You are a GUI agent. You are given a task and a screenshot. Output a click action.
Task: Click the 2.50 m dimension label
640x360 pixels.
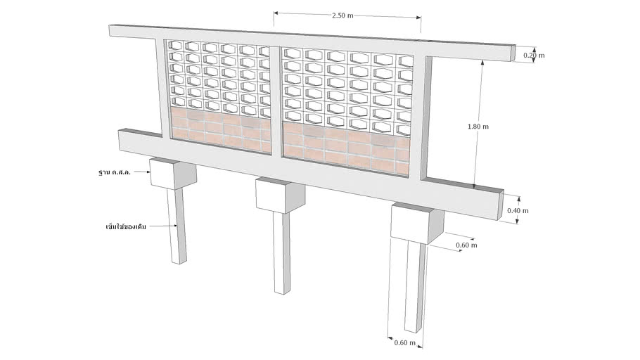(343, 15)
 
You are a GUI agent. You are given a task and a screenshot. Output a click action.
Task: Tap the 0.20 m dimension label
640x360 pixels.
(534, 56)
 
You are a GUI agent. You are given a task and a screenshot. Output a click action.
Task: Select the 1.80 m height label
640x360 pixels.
(478, 127)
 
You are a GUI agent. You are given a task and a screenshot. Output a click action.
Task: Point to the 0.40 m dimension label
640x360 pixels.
(518, 211)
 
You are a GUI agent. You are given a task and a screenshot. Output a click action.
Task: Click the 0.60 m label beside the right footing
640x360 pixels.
(466, 245)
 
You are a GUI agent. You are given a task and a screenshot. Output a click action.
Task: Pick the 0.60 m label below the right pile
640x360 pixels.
(405, 343)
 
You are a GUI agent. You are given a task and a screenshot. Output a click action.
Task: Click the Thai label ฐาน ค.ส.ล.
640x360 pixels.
(115, 172)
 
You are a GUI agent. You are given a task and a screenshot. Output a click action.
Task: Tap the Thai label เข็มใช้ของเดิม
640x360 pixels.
(126, 226)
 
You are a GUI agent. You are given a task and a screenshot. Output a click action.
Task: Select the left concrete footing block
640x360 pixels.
(172, 174)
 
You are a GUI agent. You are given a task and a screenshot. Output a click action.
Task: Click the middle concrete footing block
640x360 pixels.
(280, 195)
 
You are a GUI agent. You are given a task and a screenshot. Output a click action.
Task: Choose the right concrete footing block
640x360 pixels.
(416, 223)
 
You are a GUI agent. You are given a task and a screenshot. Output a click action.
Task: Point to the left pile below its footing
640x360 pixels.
(177, 226)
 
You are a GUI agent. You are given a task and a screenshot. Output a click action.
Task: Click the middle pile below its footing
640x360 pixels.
(282, 252)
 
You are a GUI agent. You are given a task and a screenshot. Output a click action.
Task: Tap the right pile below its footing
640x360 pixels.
(415, 288)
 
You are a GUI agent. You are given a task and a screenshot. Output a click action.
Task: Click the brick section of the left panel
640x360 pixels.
(221, 130)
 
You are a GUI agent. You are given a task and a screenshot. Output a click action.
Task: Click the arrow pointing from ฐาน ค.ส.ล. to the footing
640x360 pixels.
(142, 172)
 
